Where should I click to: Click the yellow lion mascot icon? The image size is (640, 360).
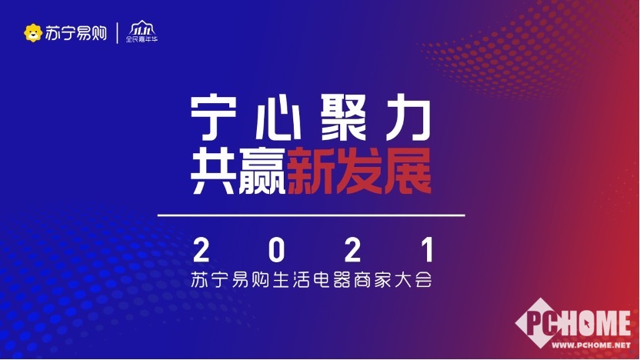click(33, 33)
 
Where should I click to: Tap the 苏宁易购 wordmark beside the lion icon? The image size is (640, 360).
click(76, 33)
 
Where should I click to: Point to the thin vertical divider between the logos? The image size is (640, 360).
click(118, 33)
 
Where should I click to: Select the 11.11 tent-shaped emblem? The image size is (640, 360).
click(142, 28)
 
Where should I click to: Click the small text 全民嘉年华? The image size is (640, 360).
click(142, 39)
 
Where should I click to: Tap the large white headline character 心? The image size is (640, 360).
click(278, 117)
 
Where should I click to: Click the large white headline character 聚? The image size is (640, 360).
click(344, 117)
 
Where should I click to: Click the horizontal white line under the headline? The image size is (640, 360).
click(312, 215)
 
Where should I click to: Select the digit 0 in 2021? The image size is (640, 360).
click(276, 250)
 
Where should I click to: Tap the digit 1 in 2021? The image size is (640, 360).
click(428, 250)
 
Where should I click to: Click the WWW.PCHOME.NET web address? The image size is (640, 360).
click(591, 345)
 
